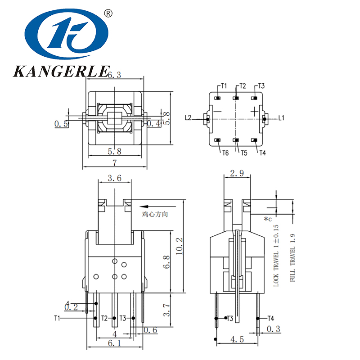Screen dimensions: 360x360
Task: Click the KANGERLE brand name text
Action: [61, 71]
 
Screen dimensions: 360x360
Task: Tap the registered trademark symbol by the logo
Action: [108, 14]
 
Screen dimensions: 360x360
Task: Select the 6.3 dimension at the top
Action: [114, 76]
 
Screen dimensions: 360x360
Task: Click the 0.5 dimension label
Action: [62, 124]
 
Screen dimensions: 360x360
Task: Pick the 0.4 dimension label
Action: [154, 123]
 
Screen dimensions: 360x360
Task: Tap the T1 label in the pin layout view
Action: [224, 85]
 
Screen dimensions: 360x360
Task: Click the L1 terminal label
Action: [281, 118]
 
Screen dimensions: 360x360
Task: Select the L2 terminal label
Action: [188, 118]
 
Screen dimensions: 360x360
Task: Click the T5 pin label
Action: [243, 153]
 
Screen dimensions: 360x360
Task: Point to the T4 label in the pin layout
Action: [262, 153]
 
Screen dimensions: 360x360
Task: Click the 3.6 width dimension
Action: [115, 178]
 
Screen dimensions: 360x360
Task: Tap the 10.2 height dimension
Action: [180, 246]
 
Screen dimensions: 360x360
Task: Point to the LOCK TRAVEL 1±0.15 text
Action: [276, 255]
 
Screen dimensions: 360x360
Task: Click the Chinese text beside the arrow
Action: [155, 215]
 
